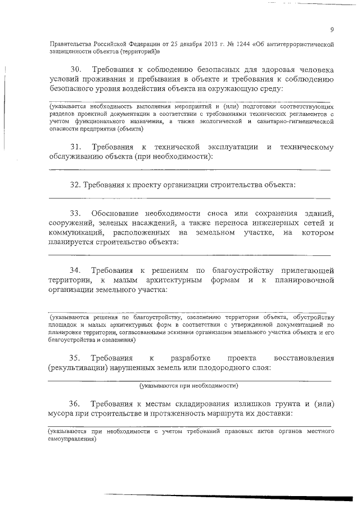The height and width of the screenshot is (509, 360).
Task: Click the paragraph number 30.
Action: [76, 69]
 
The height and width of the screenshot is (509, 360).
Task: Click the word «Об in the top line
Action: [262, 43]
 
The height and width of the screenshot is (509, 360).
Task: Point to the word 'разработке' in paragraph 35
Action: [189, 358]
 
